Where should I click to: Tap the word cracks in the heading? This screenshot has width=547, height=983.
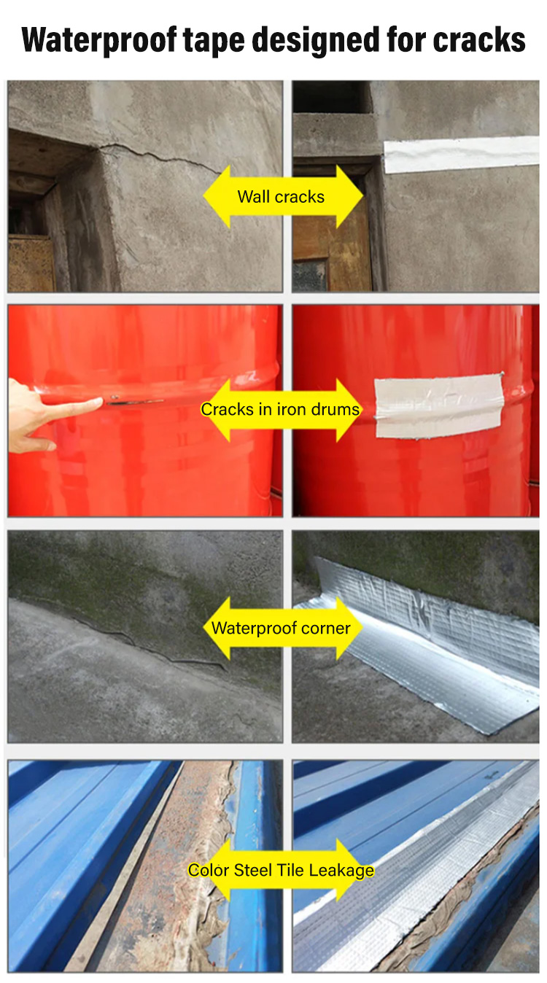479,39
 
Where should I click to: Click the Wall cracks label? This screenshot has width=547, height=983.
281,197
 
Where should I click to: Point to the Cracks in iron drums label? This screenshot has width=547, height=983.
280,409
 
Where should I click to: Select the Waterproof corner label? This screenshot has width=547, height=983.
281,628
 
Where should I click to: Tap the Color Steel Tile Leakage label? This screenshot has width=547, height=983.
281,870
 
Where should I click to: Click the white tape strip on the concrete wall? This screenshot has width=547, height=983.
461,155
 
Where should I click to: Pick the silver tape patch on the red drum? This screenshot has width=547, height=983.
438,406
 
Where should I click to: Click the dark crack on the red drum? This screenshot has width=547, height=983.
135,401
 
